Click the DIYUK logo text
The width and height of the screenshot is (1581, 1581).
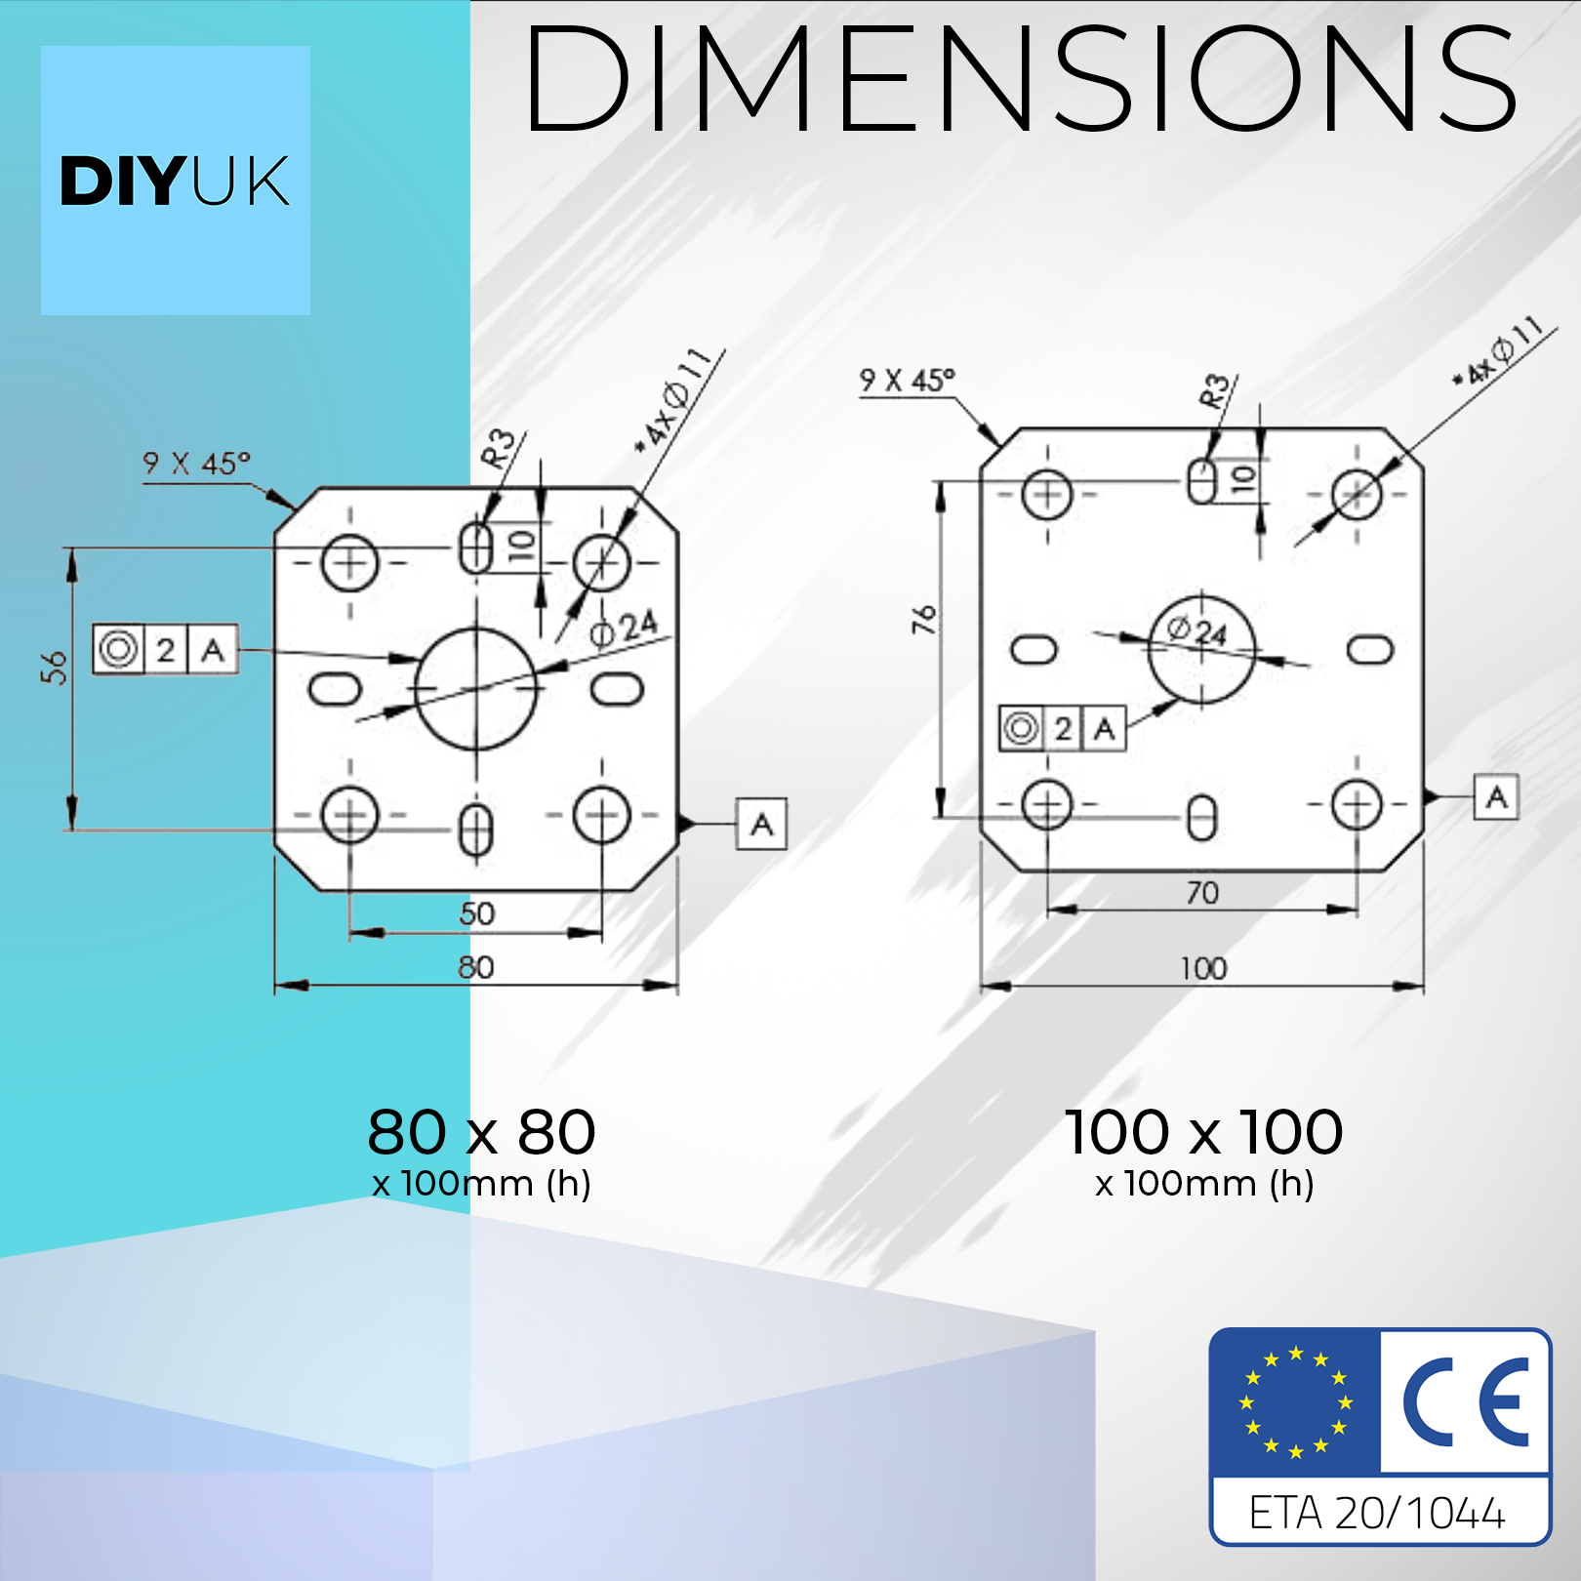(x=175, y=181)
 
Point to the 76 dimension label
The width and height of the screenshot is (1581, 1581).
(x=923, y=619)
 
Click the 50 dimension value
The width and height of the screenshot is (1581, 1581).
(x=477, y=913)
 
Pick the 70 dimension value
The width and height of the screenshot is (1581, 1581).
(x=1202, y=892)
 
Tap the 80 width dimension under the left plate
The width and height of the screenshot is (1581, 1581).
(x=476, y=967)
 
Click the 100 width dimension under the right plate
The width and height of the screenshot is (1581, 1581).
(x=1203, y=968)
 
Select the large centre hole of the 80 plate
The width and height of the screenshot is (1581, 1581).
(x=476, y=629)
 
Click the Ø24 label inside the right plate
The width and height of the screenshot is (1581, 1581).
(x=1198, y=632)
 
